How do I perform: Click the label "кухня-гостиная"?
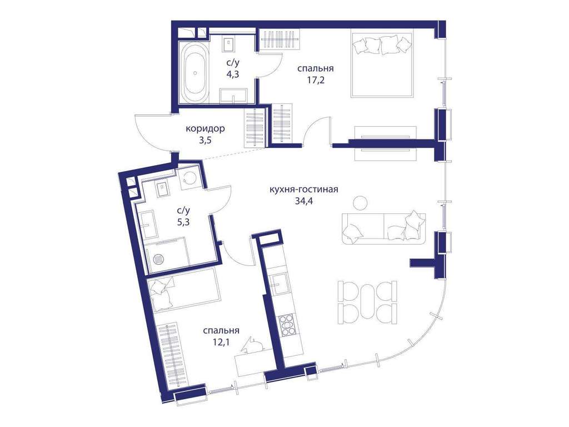point(304,190)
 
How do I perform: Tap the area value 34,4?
point(304,201)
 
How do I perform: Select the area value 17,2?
point(316,80)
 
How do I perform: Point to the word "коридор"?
point(205,128)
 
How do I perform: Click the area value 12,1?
point(221,342)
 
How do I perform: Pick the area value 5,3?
point(183,222)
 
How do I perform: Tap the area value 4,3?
point(233,75)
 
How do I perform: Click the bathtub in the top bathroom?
point(196,73)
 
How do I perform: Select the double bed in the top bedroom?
point(382,64)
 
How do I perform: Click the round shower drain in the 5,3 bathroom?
point(159,259)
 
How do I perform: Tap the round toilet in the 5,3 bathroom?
point(189,177)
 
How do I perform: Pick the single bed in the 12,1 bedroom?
point(184,290)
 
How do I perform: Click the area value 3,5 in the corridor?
point(205,140)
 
